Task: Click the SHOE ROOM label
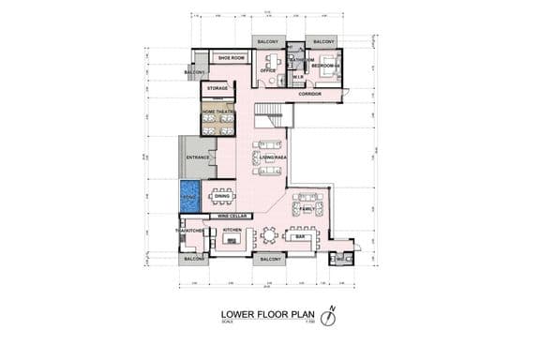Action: (231, 58)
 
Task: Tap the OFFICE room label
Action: (267, 70)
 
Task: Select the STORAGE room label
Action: (217, 89)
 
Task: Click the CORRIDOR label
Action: (310, 96)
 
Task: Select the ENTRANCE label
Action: (197, 157)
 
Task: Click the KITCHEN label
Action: (232, 230)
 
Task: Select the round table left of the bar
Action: (270, 236)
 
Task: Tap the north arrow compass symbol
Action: (328, 316)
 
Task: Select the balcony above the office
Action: (268, 42)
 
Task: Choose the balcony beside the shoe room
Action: (195, 72)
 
